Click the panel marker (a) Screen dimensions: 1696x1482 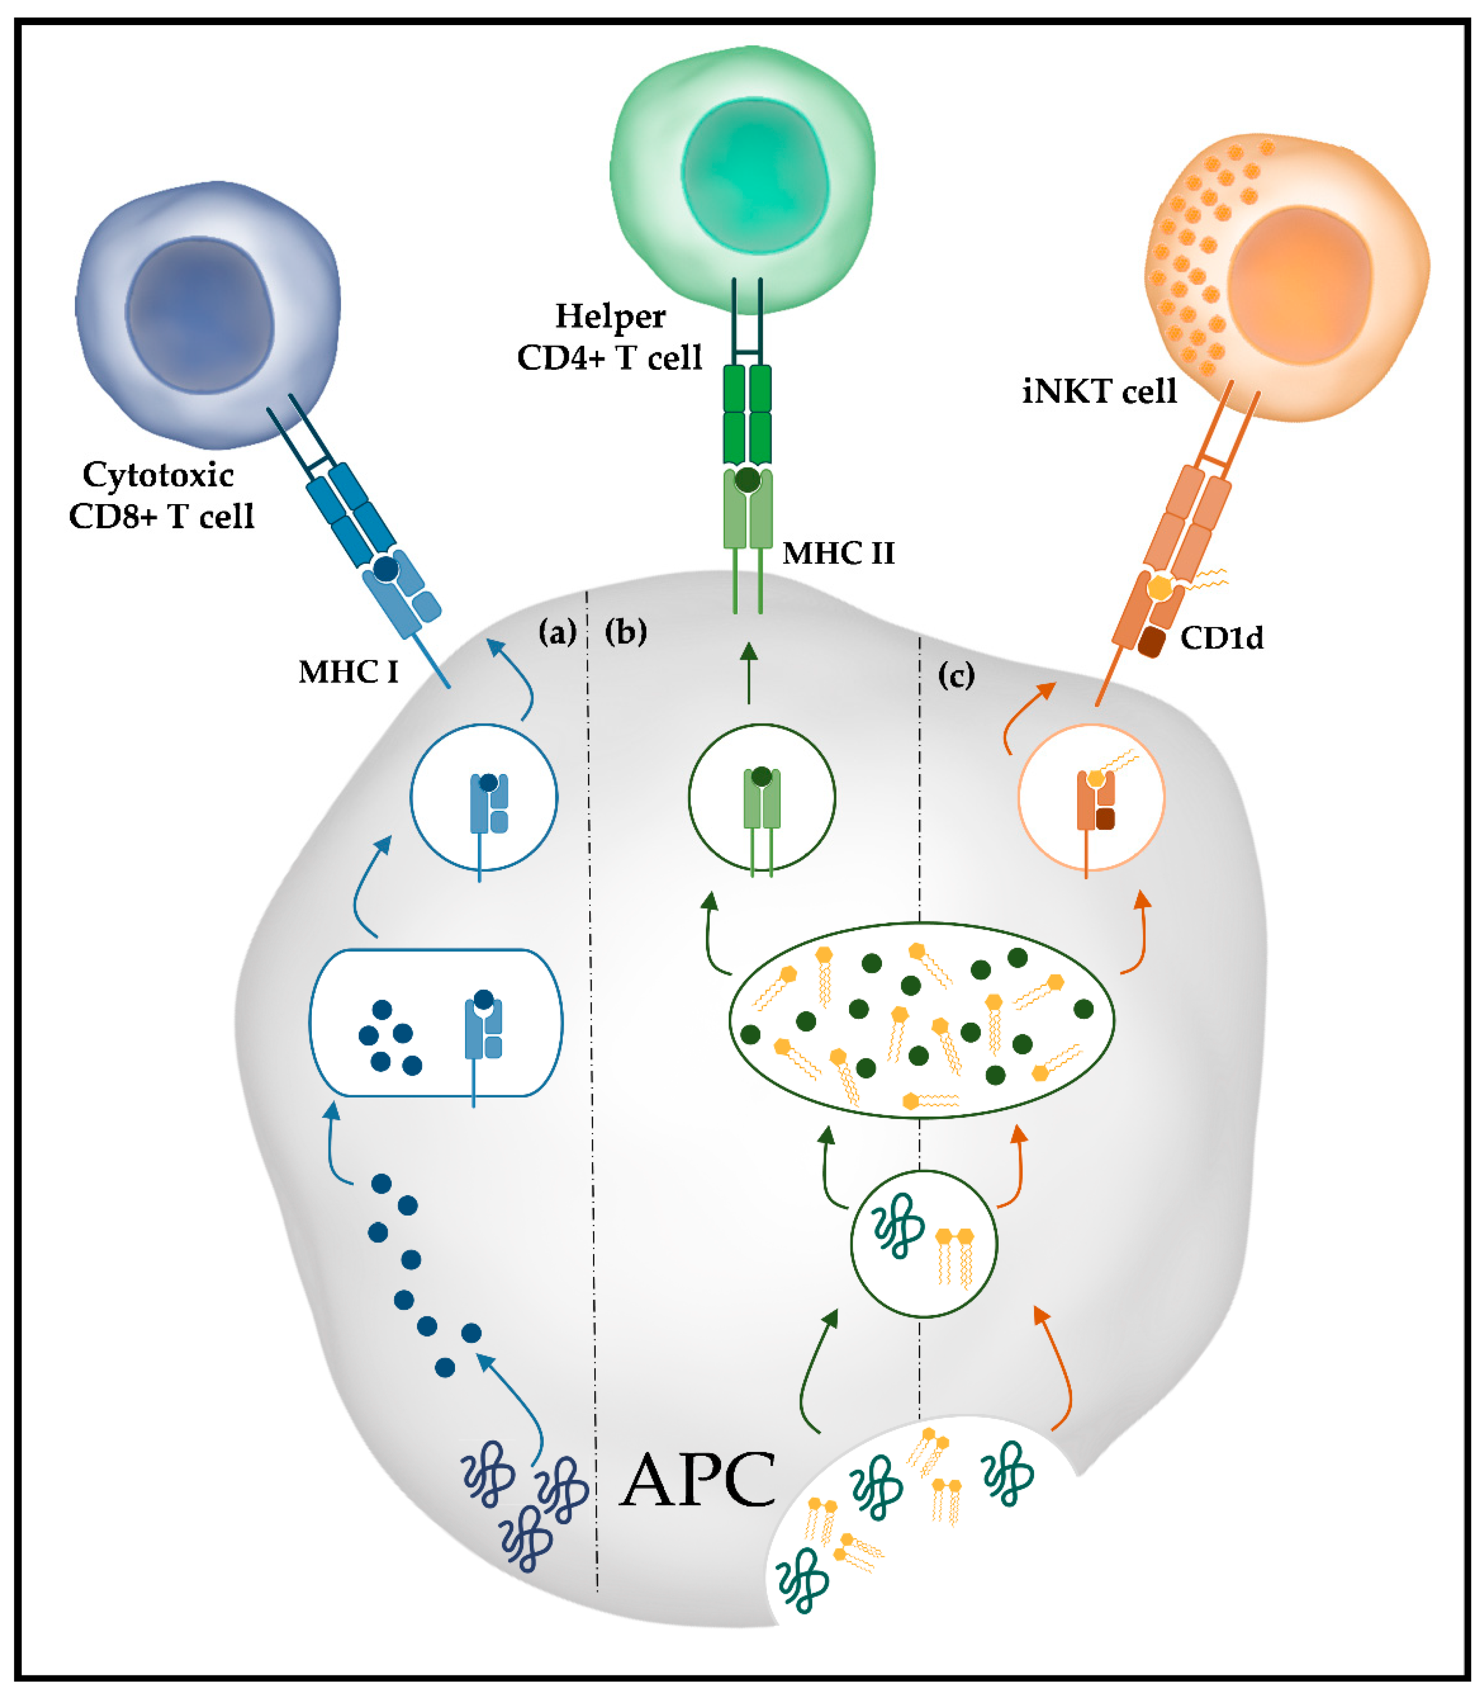(557, 632)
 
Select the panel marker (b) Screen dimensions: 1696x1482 (625, 632)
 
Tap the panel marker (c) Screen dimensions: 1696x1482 (956, 676)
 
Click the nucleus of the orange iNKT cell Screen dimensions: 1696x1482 (1298, 285)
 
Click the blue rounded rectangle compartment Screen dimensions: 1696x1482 (436, 1023)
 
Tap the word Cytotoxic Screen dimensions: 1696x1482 (158, 475)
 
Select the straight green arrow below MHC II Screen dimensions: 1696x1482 (749, 673)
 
